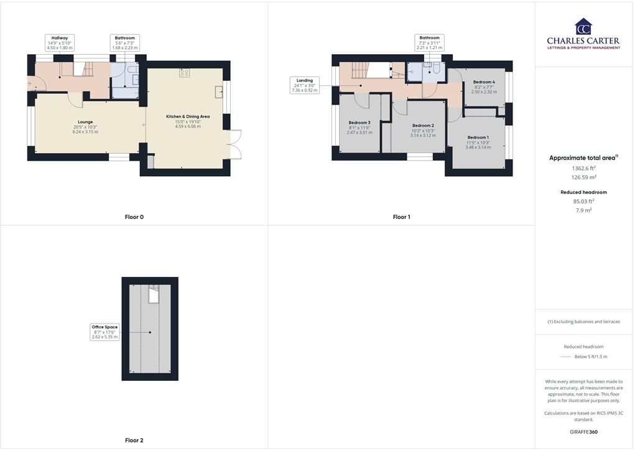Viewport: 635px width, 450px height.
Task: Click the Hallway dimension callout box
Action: tap(60, 43)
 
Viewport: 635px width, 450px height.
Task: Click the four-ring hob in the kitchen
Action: tap(184, 73)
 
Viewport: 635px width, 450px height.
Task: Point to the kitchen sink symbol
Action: tap(219, 92)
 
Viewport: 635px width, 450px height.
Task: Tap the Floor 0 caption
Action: tap(134, 217)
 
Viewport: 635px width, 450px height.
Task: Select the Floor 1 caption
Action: tap(401, 217)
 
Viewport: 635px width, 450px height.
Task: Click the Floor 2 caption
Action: tap(134, 440)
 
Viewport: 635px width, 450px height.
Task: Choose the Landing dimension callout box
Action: tap(304, 85)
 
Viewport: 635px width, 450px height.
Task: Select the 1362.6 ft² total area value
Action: tap(583, 168)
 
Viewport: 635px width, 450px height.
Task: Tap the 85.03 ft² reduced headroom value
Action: tap(583, 201)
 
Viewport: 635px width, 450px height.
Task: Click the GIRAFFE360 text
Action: tap(583, 431)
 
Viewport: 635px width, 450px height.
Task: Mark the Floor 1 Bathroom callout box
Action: tap(429, 43)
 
